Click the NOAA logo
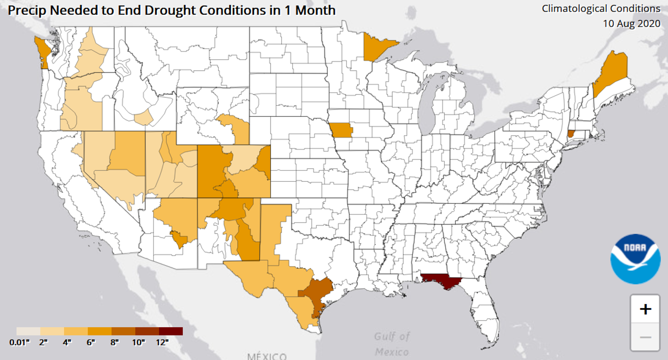pos(635,259)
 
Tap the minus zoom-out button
pos(645,337)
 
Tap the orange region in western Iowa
pos(341,130)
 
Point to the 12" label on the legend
pos(162,343)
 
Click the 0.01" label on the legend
pos(19,343)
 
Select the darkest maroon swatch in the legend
pos(171,331)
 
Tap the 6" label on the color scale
pos(91,343)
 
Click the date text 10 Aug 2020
pos(631,24)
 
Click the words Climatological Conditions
pos(601,9)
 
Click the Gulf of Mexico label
pos(392,344)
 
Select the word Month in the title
pos(315,10)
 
